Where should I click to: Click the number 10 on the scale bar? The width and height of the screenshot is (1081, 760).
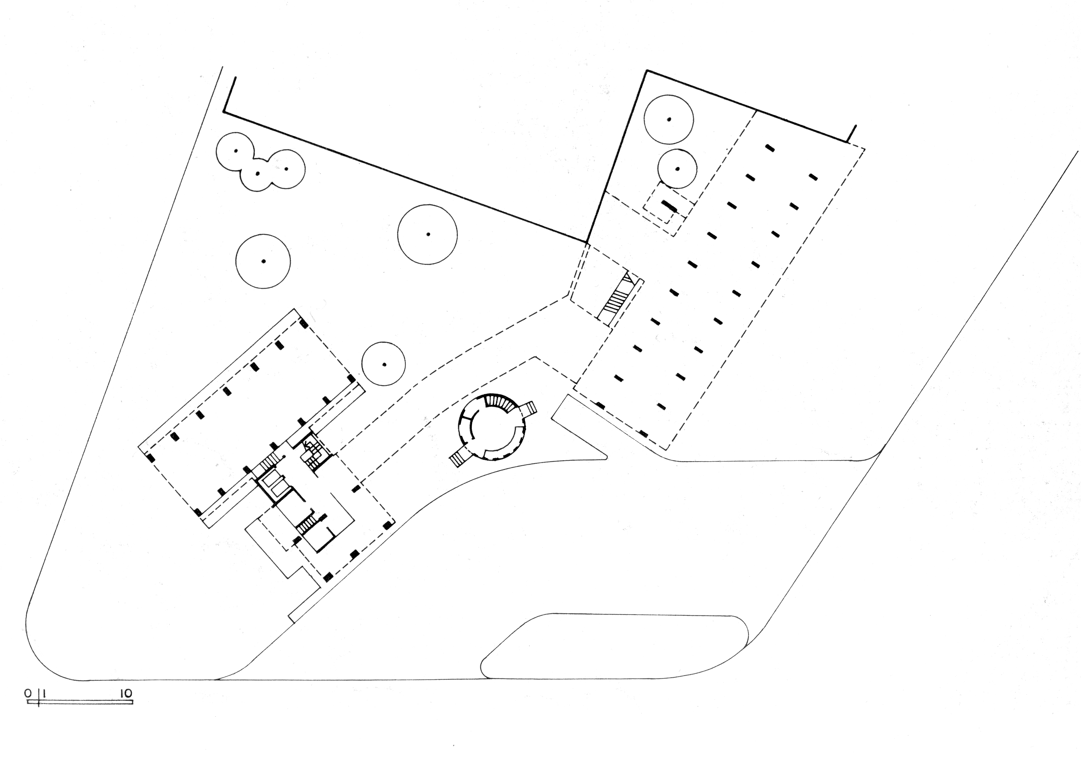click(126, 694)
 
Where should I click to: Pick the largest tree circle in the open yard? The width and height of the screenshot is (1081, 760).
click(427, 235)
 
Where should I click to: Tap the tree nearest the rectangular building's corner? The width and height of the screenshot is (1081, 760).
click(384, 364)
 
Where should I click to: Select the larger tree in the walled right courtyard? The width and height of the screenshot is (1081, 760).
click(669, 120)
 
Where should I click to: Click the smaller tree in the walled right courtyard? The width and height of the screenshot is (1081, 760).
click(677, 169)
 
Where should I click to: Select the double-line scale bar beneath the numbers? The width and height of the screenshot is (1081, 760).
click(80, 702)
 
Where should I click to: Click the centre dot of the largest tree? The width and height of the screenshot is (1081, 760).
click(427, 234)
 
